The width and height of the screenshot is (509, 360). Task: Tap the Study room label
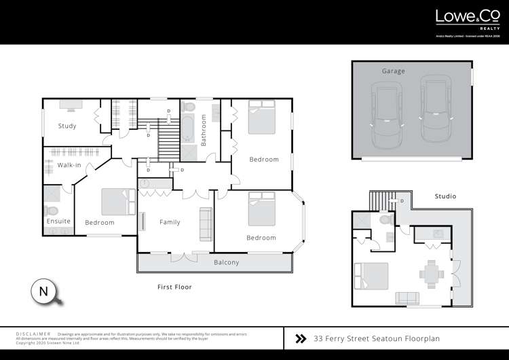[x=67, y=126]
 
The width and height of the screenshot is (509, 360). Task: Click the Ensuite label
[x=58, y=221]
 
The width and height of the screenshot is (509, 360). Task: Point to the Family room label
[x=170, y=222]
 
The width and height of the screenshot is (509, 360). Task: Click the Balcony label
[x=226, y=262]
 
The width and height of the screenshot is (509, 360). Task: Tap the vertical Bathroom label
[x=203, y=130]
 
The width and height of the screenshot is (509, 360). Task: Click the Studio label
[x=445, y=196]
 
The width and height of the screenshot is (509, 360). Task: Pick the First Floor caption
[x=174, y=287]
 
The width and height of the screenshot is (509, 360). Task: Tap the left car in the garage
[x=385, y=113]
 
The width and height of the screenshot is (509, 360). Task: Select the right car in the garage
[x=435, y=109]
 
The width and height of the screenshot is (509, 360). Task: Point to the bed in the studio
[x=371, y=277]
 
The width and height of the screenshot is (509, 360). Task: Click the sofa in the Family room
[x=204, y=223]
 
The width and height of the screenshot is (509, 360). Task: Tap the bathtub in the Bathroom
[x=187, y=128]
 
